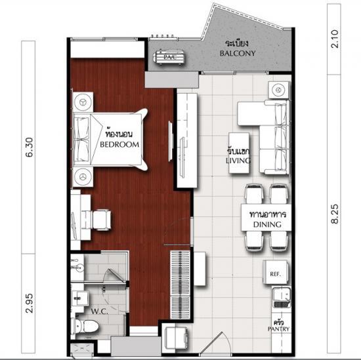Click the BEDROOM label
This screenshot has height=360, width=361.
[x=119, y=144]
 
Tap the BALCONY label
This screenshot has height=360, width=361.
[x=238, y=53]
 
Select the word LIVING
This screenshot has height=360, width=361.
[x=238, y=161]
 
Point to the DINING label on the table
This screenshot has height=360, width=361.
[x=267, y=224]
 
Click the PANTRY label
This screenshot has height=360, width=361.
[x=278, y=329]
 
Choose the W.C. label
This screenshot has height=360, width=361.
[x=100, y=311]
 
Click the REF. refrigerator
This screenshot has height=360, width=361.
[x=276, y=272]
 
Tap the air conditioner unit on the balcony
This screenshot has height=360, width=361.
[x=170, y=57]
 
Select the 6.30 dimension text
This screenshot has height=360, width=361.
[x=30, y=148]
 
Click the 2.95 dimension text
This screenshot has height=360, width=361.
[x=30, y=304]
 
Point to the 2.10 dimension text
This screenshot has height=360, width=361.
[x=335, y=39]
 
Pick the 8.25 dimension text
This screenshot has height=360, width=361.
[x=335, y=214]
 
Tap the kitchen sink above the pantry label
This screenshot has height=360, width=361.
[x=282, y=297]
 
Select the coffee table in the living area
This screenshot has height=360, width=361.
[x=239, y=153]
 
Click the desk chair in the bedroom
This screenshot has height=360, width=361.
[x=100, y=220]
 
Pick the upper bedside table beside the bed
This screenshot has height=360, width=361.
[x=83, y=102]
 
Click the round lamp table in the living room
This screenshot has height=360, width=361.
[x=278, y=90]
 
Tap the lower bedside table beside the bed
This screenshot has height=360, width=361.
[x=83, y=177]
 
